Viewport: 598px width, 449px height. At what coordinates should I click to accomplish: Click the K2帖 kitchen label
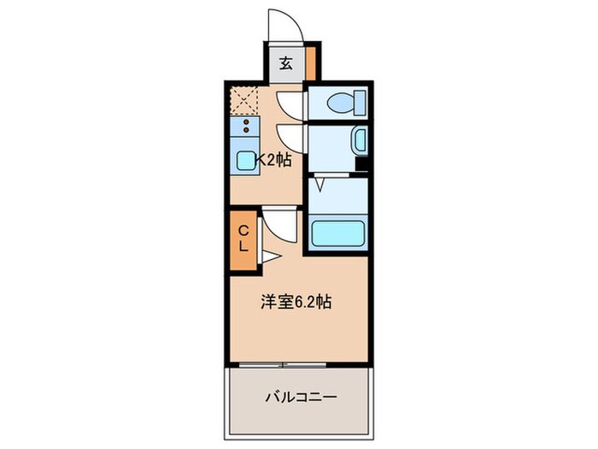(275, 159)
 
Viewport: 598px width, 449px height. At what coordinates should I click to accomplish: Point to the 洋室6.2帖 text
(296, 302)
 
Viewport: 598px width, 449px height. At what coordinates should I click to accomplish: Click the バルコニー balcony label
(299, 397)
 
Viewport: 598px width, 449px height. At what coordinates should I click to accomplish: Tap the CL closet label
(243, 237)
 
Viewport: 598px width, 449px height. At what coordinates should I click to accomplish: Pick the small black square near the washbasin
(362, 164)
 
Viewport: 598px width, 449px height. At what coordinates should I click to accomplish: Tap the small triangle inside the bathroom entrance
(320, 183)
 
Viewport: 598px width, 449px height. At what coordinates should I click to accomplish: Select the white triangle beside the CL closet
(268, 256)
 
